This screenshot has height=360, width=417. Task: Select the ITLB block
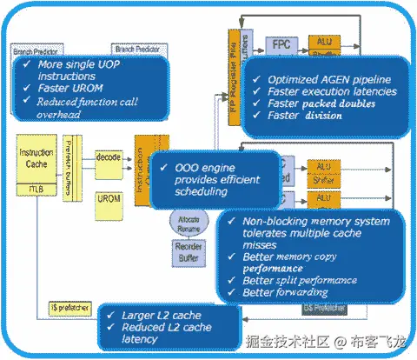pyautogui.click(x=35, y=189)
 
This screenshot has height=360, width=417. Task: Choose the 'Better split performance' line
pyautogui.click(x=300, y=281)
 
